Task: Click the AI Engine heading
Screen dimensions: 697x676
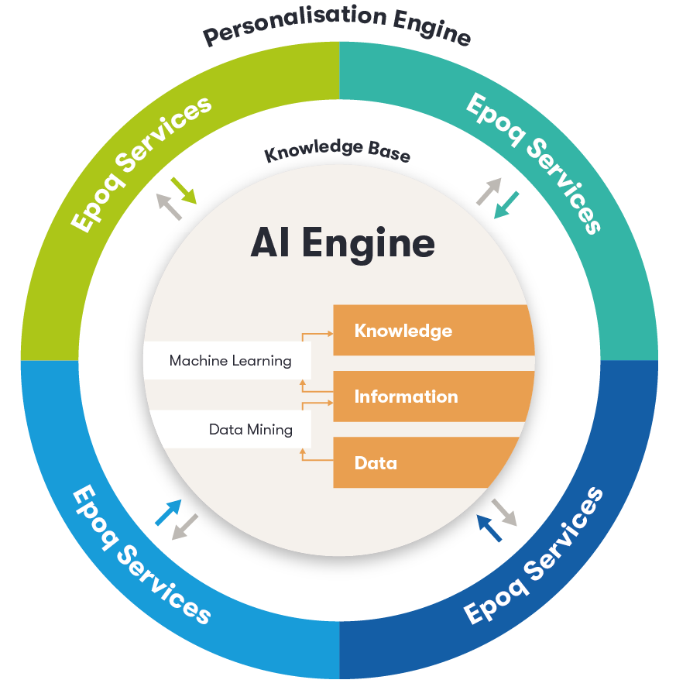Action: point(342,244)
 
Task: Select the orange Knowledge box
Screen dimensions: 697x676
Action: point(433,331)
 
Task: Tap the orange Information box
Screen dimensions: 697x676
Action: point(433,397)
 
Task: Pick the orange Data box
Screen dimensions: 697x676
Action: point(425,463)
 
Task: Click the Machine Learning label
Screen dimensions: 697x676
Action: point(230,361)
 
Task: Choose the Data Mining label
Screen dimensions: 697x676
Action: point(250,429)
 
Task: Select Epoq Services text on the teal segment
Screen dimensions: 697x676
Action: point(534,163)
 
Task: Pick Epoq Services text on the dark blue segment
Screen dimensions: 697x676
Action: point(534,555)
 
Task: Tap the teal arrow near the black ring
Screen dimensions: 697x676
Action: point(507,204)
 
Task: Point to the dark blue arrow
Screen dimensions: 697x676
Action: point(489,528)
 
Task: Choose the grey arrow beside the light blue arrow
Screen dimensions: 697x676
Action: point(185,527)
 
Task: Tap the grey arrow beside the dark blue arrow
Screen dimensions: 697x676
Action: point(504,512)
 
